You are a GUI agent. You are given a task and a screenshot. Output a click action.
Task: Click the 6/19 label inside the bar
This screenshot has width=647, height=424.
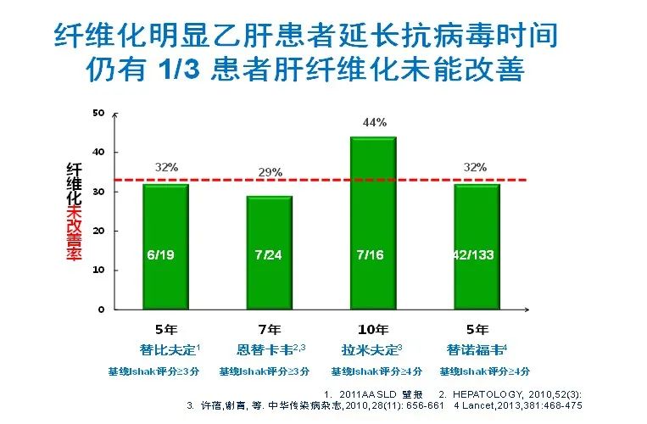click(x=165, y=254)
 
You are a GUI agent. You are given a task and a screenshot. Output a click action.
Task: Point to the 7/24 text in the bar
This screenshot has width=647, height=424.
click(x=269, y=254)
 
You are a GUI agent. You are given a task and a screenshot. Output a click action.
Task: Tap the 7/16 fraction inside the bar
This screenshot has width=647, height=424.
click(x=374, y=254)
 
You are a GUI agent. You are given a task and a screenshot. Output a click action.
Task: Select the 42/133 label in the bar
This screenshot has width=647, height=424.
click(x=477, y=254)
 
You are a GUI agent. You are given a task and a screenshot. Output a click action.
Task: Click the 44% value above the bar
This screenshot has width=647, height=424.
click(x=374, y=122)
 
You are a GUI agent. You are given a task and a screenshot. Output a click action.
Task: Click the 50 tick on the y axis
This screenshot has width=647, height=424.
click(x=98, y=113)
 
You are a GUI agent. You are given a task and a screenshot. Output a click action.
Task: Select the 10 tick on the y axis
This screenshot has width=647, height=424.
click(x=98, y=270)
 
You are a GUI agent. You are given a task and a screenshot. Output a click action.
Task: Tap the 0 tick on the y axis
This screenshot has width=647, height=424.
click(x=101, y=309)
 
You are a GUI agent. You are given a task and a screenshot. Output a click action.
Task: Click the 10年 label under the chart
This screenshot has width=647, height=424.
click(x=373, y=330)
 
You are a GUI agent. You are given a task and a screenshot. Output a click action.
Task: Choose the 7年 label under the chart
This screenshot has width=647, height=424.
click(x=269, y=330)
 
